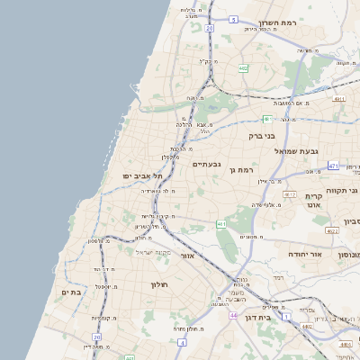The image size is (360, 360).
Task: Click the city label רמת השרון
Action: click(x=276, y=22)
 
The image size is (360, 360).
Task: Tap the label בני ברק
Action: click(x=263, y=137)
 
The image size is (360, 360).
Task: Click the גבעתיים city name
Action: click(x=206, y=165)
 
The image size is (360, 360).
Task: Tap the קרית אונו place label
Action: click(x=314, y=201)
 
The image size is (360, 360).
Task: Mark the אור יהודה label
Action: click(x=305, y=255)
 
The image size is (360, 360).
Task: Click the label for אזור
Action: click(x=187, y=256)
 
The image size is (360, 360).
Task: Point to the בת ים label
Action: click(x=71, y=292)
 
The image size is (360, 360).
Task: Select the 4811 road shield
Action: click(x=338, y=99)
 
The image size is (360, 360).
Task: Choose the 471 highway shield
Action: click(x=333, y=166)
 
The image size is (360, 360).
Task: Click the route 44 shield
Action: click(x=233, y=316)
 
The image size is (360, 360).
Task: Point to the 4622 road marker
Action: click(x=332, y=231)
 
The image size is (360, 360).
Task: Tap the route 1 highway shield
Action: click(x=286, y=318)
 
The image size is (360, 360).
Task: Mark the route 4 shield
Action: click(x=182, y=343)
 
